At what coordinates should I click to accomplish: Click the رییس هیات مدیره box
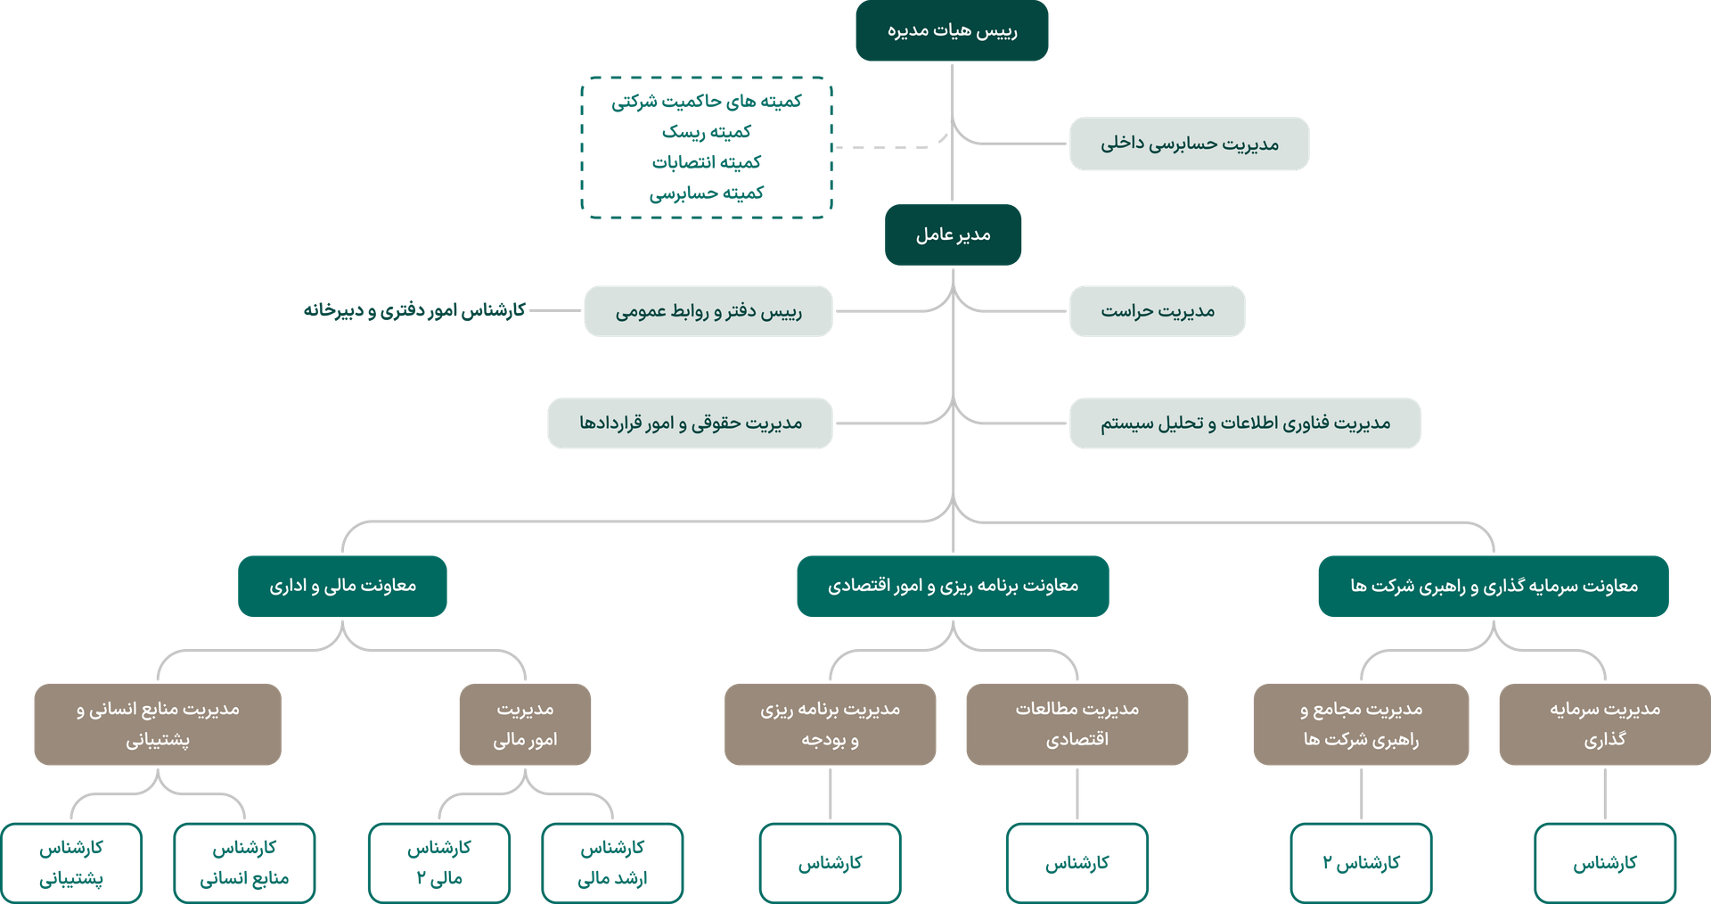point(952,31)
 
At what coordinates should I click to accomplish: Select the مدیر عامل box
point(953,234)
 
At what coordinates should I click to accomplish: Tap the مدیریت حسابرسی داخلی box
point(1189,144)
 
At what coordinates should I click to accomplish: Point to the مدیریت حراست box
point(1157,311)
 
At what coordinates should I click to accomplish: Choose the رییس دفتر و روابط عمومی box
point(708,311)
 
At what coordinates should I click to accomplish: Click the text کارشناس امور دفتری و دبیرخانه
point(414,310)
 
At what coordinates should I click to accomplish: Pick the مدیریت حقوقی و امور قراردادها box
point(690,423)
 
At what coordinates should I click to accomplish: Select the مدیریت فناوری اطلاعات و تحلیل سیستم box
point(1245,423)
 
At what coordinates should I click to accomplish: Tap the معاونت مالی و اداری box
point(342,586)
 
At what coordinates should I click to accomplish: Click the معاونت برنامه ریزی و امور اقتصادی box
point(953,586)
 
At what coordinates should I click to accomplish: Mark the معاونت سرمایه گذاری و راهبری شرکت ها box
point(1493,586)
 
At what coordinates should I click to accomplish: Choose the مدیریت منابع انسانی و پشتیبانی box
point(158,724)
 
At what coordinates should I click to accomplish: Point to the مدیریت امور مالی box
point(525,724)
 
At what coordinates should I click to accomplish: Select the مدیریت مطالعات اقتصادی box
point(1077,724)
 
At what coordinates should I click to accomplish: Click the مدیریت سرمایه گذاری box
point(1604,724)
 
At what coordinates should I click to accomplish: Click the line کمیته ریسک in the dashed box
point(706,132)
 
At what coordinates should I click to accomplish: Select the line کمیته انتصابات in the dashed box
point(706,162)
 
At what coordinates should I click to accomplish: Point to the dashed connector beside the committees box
point(882,148)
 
